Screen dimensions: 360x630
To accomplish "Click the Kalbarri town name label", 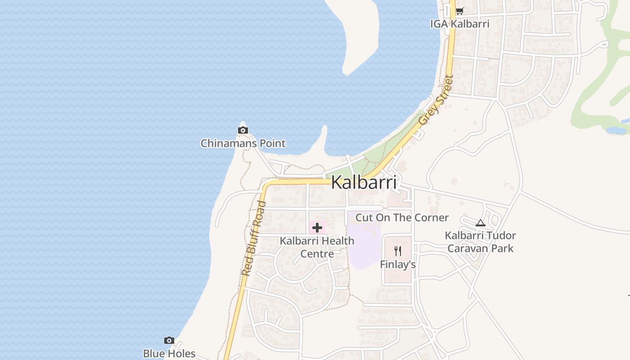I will tap(364, 183).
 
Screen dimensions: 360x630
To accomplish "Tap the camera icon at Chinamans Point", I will tap(243, 130).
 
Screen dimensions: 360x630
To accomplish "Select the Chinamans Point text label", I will tap(243, 144).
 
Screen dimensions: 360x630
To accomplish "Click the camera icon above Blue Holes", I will tap(169, 341).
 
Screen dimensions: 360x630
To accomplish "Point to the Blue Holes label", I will tap(169, 354).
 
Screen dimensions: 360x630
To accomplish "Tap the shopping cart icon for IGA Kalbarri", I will tap(459, 11).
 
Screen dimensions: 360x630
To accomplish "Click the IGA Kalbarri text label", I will tap(459, 24).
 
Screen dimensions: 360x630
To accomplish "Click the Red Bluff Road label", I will tap(254, 238).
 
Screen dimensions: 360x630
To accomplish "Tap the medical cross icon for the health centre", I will tap(317, 228).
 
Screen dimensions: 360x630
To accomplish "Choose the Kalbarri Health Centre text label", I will tap(317, 247).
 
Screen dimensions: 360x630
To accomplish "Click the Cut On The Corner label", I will tap(402, 218).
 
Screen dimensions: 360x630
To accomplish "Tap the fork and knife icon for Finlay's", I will tap(398, 251).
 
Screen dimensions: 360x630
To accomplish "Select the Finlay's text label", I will tap(398, 265).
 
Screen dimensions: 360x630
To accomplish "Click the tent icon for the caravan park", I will tap(481, 223).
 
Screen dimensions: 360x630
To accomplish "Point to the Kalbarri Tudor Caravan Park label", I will tap(481, 242).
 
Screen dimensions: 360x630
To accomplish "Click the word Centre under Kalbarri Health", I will tap(317, 254).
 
